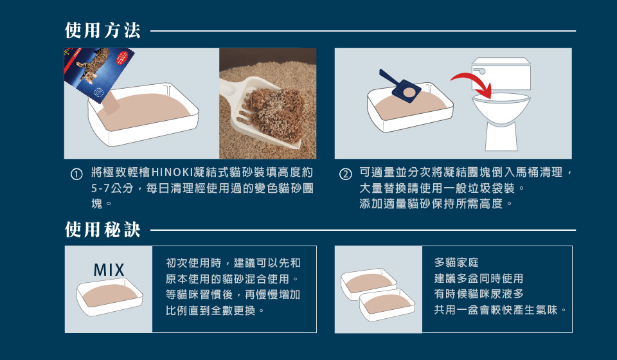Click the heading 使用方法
point(103,31)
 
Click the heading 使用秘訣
point(103,230)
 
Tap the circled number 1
point(76,174)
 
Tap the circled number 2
point(345,174)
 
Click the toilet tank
point(501,73)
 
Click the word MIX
point(109,270)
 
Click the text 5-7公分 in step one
point(112,188)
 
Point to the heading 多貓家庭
point(456,262)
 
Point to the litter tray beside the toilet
point(410,107)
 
